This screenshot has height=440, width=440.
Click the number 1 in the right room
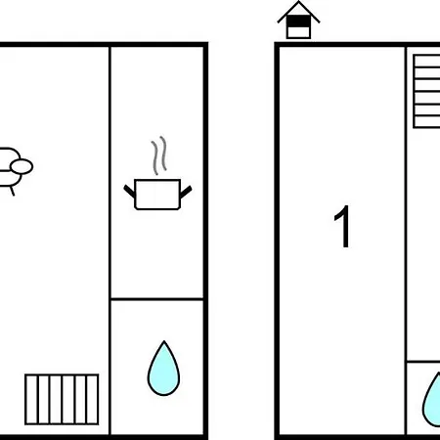coord(343,227)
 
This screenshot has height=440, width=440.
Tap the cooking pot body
coord(157,195)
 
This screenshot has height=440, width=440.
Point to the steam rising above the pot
coord(159,155)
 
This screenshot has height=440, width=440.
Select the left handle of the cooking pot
coord(129,191)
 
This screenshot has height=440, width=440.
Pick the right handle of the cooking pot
coord(186,192)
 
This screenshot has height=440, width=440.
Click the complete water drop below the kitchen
coord(163,369)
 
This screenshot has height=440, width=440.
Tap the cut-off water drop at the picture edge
coord(432,399)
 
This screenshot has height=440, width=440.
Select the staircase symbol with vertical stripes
coord(62,400)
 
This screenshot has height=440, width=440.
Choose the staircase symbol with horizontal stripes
coord(426,91)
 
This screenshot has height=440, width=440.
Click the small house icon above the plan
coord(298,21)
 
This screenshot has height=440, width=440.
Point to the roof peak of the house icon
coord(298,2)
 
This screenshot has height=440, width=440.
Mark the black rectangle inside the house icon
coord(298,22)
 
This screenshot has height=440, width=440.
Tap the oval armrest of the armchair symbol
coord(22,166)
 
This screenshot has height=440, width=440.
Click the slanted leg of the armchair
coord(12,190)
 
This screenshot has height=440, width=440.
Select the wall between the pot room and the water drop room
coord(157,298)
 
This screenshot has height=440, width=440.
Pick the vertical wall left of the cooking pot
coord(110,241)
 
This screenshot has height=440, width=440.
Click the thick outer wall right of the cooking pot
coord(205,241)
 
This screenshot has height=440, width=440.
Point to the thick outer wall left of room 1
coord(277,241)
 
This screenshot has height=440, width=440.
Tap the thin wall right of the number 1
coord(406,241)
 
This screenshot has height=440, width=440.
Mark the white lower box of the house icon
coord(298,32)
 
